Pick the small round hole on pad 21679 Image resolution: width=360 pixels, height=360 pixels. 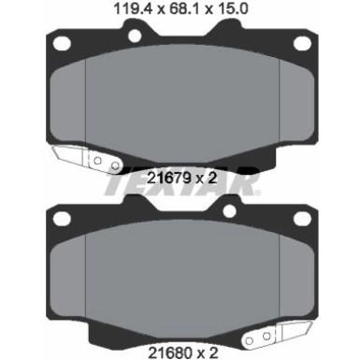coord(135,35)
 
